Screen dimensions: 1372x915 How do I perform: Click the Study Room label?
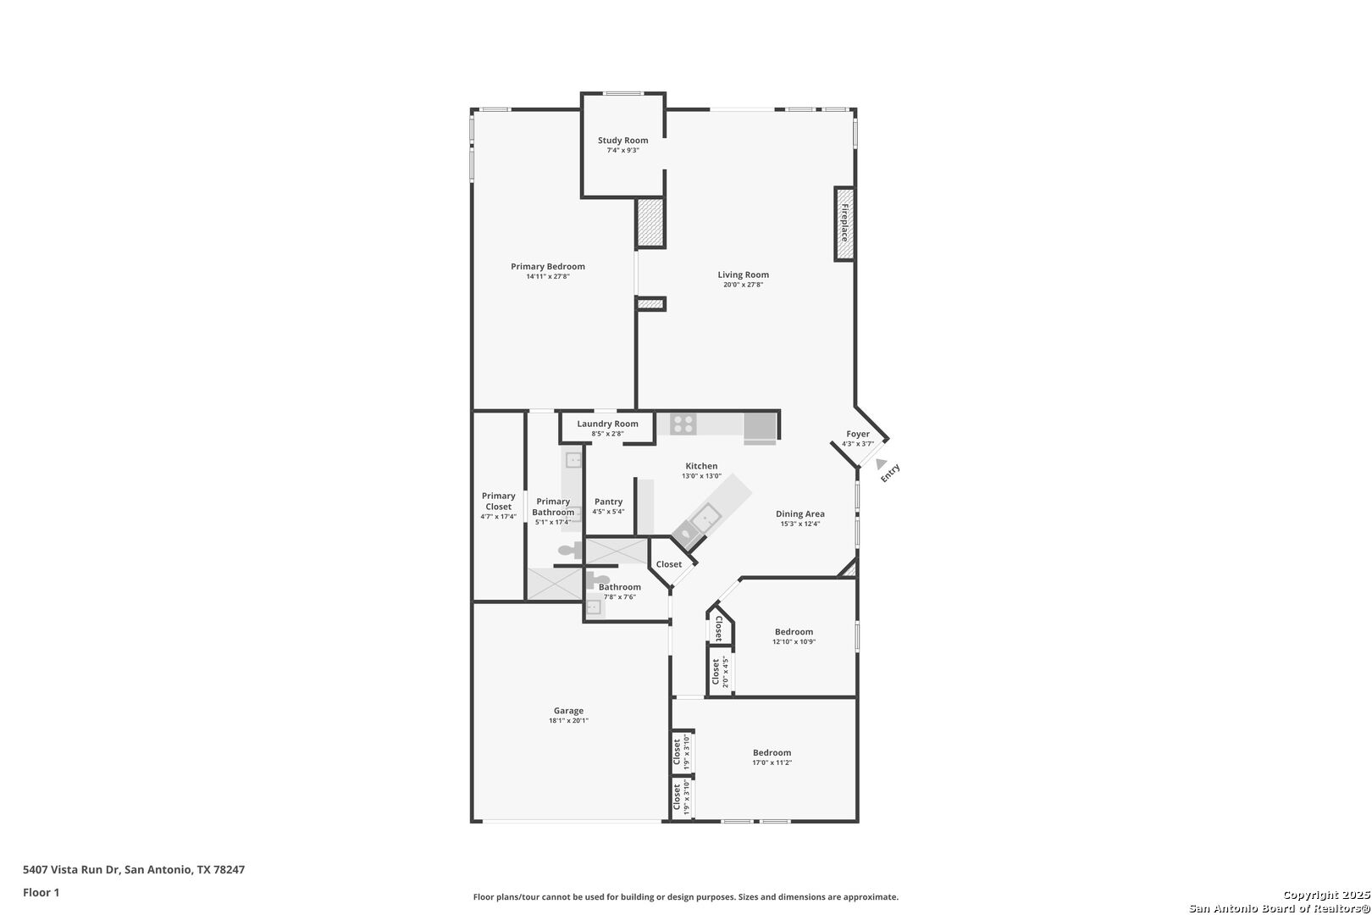tap(623, 141)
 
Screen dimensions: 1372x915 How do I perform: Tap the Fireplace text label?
tap(844, 223)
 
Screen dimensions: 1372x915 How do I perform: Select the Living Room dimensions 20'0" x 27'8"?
tap(743, 285)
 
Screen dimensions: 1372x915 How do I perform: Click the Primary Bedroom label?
tap(548, 267)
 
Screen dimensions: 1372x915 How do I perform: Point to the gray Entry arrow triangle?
tap(881, 464)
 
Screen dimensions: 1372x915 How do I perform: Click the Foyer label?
tap(857, 434)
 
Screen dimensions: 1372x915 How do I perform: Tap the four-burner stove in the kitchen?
tap(683, 424)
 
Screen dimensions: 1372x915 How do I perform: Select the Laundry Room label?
tap(607, 424)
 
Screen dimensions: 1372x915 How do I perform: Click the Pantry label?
tap(608, 502)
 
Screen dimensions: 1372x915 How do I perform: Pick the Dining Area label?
tap(800, 514)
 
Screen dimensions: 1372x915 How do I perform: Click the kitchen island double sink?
tap(698, 528)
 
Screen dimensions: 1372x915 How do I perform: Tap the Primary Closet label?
tap(498, 502)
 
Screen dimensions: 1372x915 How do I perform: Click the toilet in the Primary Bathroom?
tap(570, 550)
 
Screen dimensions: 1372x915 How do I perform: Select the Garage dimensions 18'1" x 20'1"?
tap(568, 721)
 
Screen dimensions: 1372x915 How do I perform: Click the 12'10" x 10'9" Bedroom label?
tap(794, 632)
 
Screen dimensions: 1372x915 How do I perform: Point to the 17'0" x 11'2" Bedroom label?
tap(772, 752)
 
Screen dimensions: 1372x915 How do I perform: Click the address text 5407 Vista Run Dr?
tap(71, 869)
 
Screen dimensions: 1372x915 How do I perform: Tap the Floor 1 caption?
tap(41, 892)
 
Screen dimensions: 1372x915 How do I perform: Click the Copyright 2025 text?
tap(1326, 896)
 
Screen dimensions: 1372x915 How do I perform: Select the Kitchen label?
tap(701, 466)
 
